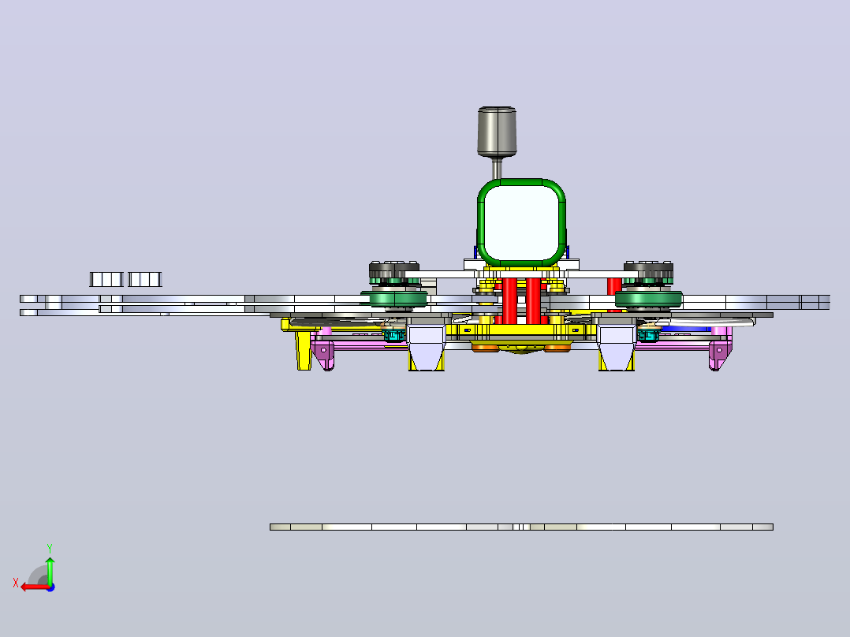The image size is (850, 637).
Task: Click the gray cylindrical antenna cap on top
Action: click(x=497, y=131)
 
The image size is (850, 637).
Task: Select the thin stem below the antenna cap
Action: click(x=497, y=168)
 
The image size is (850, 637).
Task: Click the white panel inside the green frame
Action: click(x=521, y=223)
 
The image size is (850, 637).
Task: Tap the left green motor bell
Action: click(x=394, y=299)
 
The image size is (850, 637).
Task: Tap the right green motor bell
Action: click(x=648, y=299)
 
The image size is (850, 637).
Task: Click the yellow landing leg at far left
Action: click(x=304, y=350)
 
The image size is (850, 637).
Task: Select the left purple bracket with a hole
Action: click(x=323, y=353)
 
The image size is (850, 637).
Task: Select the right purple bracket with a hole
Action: click(x=721, y=353)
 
